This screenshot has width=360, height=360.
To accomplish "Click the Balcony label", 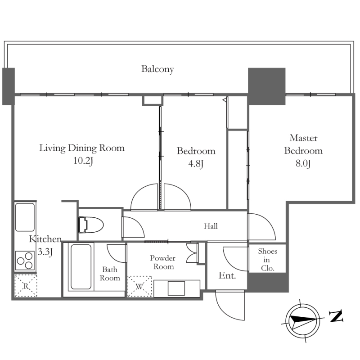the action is (157, 69).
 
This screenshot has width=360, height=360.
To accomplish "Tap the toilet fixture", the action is (91, 225).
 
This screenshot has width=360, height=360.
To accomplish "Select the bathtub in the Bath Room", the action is (81, 267).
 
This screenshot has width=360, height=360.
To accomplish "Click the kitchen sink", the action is (25, 217).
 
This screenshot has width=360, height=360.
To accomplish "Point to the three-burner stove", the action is (25, 261).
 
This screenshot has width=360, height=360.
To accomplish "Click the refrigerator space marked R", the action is (26, 286).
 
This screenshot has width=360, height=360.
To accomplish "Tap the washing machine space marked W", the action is (139, 286).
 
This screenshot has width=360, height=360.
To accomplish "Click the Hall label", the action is (211, 226).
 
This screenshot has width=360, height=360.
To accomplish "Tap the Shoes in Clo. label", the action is (267, 260).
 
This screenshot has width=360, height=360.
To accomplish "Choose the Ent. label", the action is (227, 275).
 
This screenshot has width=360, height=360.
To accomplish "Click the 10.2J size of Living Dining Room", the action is (83, 161).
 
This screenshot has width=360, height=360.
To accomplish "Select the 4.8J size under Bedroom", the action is (196, 164).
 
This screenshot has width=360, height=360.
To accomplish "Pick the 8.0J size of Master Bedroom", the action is (303, 164).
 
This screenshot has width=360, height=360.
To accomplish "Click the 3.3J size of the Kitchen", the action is (45, 252).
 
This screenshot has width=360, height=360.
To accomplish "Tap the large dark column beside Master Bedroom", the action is (267, 86).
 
